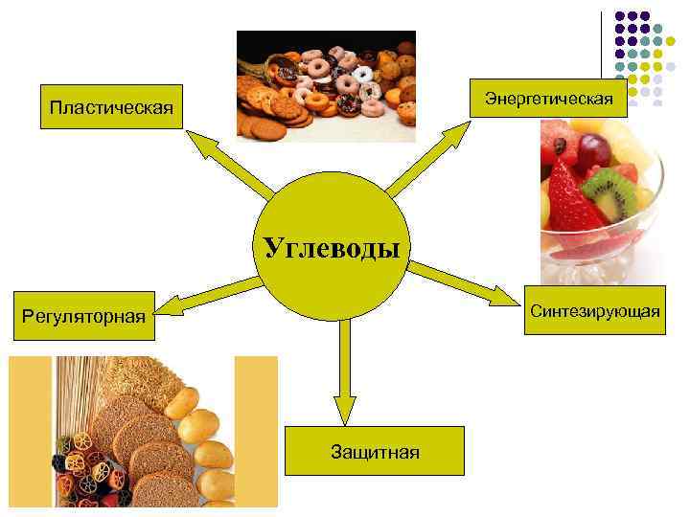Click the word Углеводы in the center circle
point(331,250)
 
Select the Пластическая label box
point(111,110)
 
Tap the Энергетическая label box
point(548,98)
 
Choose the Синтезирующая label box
point(594,312)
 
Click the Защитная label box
point(375,451)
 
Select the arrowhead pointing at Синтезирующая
point(504,296)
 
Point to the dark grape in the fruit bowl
point(595,149)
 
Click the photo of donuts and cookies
point(326,86)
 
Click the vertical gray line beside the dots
point(602,57)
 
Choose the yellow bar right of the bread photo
point(256,431)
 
